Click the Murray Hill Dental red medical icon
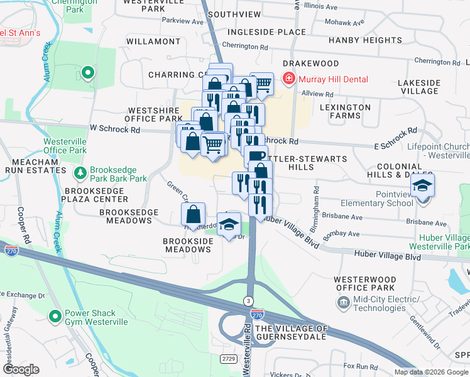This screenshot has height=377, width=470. pos(289,79)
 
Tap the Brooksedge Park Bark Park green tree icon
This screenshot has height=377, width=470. pos(80,173)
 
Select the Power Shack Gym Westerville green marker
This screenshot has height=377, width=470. pos(56,317)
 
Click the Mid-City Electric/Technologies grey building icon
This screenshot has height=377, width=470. pos(343,303)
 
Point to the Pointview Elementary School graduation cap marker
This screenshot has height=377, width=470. pos(422,185)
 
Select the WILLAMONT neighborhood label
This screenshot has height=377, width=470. pos(153,41)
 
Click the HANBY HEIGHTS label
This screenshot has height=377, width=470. pos(365,40)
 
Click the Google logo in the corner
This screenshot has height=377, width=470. pos(21,369)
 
